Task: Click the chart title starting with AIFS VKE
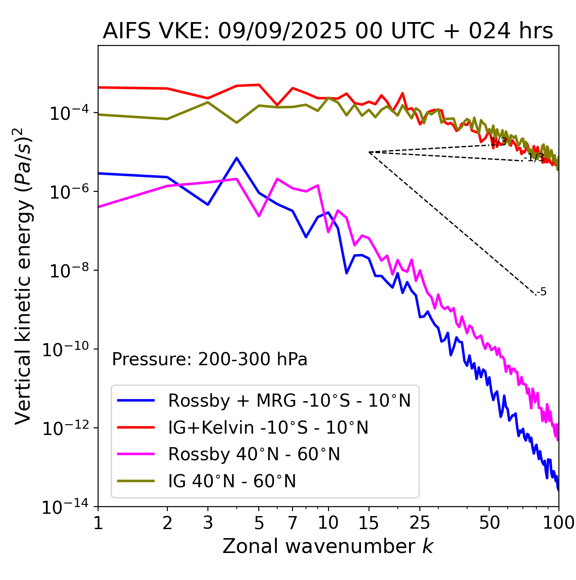(328, 32)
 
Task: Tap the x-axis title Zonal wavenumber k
(328, 546)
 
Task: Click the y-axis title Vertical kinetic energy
(23, 276)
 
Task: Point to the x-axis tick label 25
(419, 523)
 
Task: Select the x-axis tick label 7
(292, 523)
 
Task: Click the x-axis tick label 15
(369, 523)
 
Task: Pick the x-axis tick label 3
(208, 523)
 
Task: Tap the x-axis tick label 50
(489, 523)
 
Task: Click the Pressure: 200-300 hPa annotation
(210, 359)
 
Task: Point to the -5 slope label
(542, 292)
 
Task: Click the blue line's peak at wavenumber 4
(237, 158)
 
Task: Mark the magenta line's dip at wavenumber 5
(259, 216)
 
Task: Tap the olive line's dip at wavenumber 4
(237, 122)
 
